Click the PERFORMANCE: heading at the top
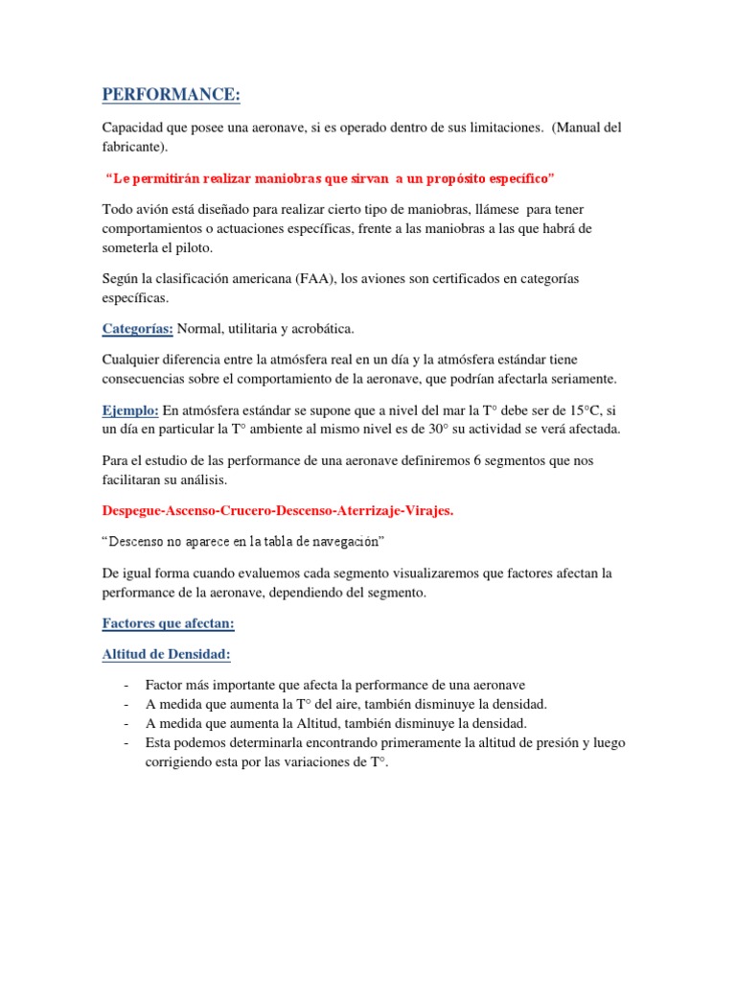[172, 95]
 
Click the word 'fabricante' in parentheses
[133, 148]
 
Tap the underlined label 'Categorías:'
[137, 329]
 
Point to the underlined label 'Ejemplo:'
[130, 409]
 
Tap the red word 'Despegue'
[134, 511]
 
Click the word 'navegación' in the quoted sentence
[346, 543]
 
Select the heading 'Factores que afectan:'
[168, 623]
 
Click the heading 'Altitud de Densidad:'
[166, 655]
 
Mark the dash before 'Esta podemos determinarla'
[126, 743]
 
